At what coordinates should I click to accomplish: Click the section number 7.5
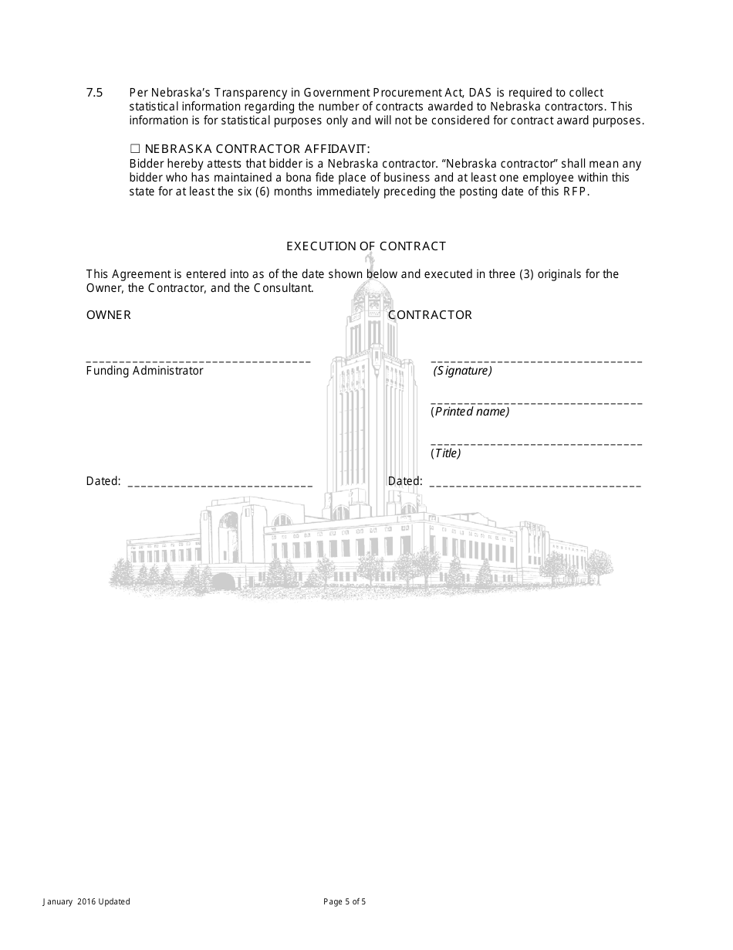[x=94, y=93]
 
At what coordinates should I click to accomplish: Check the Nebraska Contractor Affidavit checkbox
[x=134, y=149]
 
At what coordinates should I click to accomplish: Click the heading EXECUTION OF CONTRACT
[x=366, y=246]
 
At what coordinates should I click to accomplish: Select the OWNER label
[x=108, y=315]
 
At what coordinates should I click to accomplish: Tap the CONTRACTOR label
[x=430, y=315]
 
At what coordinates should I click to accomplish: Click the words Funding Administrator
[x=144, y=371]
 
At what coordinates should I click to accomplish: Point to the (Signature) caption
[x=462, y=371]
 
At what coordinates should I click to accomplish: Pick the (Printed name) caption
[x=470, y=412]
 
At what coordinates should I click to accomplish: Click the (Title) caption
[x=446, y=453]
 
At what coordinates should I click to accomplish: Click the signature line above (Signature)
[x=535, y=361]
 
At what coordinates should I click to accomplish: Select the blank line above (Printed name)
[x=535, y=402]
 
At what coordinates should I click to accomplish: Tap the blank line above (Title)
[x=535, y=443]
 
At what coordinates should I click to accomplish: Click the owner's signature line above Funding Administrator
[x=198, y=361]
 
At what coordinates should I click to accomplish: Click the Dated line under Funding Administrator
[x=219, y=485]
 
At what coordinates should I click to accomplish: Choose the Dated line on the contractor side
[x=534, y=485]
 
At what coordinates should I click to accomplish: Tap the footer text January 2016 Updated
[x=86, y=901]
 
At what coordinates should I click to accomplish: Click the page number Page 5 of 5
[x=344, y=901]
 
